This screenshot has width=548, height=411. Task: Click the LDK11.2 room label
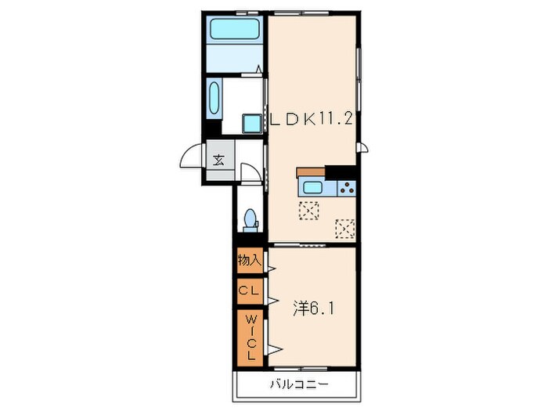[311, 120]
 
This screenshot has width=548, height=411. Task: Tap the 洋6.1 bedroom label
[313, 308]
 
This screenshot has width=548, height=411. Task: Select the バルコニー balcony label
[300, 385]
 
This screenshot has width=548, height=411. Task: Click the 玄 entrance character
[219, 160]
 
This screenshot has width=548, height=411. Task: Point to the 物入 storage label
[249, 260]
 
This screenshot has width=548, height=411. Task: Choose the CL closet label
[249, 290]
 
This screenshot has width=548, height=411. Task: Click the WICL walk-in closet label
[251, 337]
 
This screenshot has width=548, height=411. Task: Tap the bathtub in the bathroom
[234, 28]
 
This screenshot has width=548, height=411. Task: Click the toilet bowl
[251, 218]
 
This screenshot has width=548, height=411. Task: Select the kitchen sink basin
[312, 188]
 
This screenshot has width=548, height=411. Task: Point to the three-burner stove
[346, 188]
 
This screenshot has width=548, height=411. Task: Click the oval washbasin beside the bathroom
[215, 98]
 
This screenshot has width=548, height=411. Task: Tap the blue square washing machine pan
[252, 124]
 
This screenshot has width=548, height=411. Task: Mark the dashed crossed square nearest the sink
[308, 211]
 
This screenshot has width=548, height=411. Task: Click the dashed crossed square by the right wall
[345, 229]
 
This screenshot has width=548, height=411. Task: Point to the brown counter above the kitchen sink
[311, 172]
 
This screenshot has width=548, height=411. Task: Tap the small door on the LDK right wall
[362, 147]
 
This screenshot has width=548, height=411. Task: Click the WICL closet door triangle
[276, 349]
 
